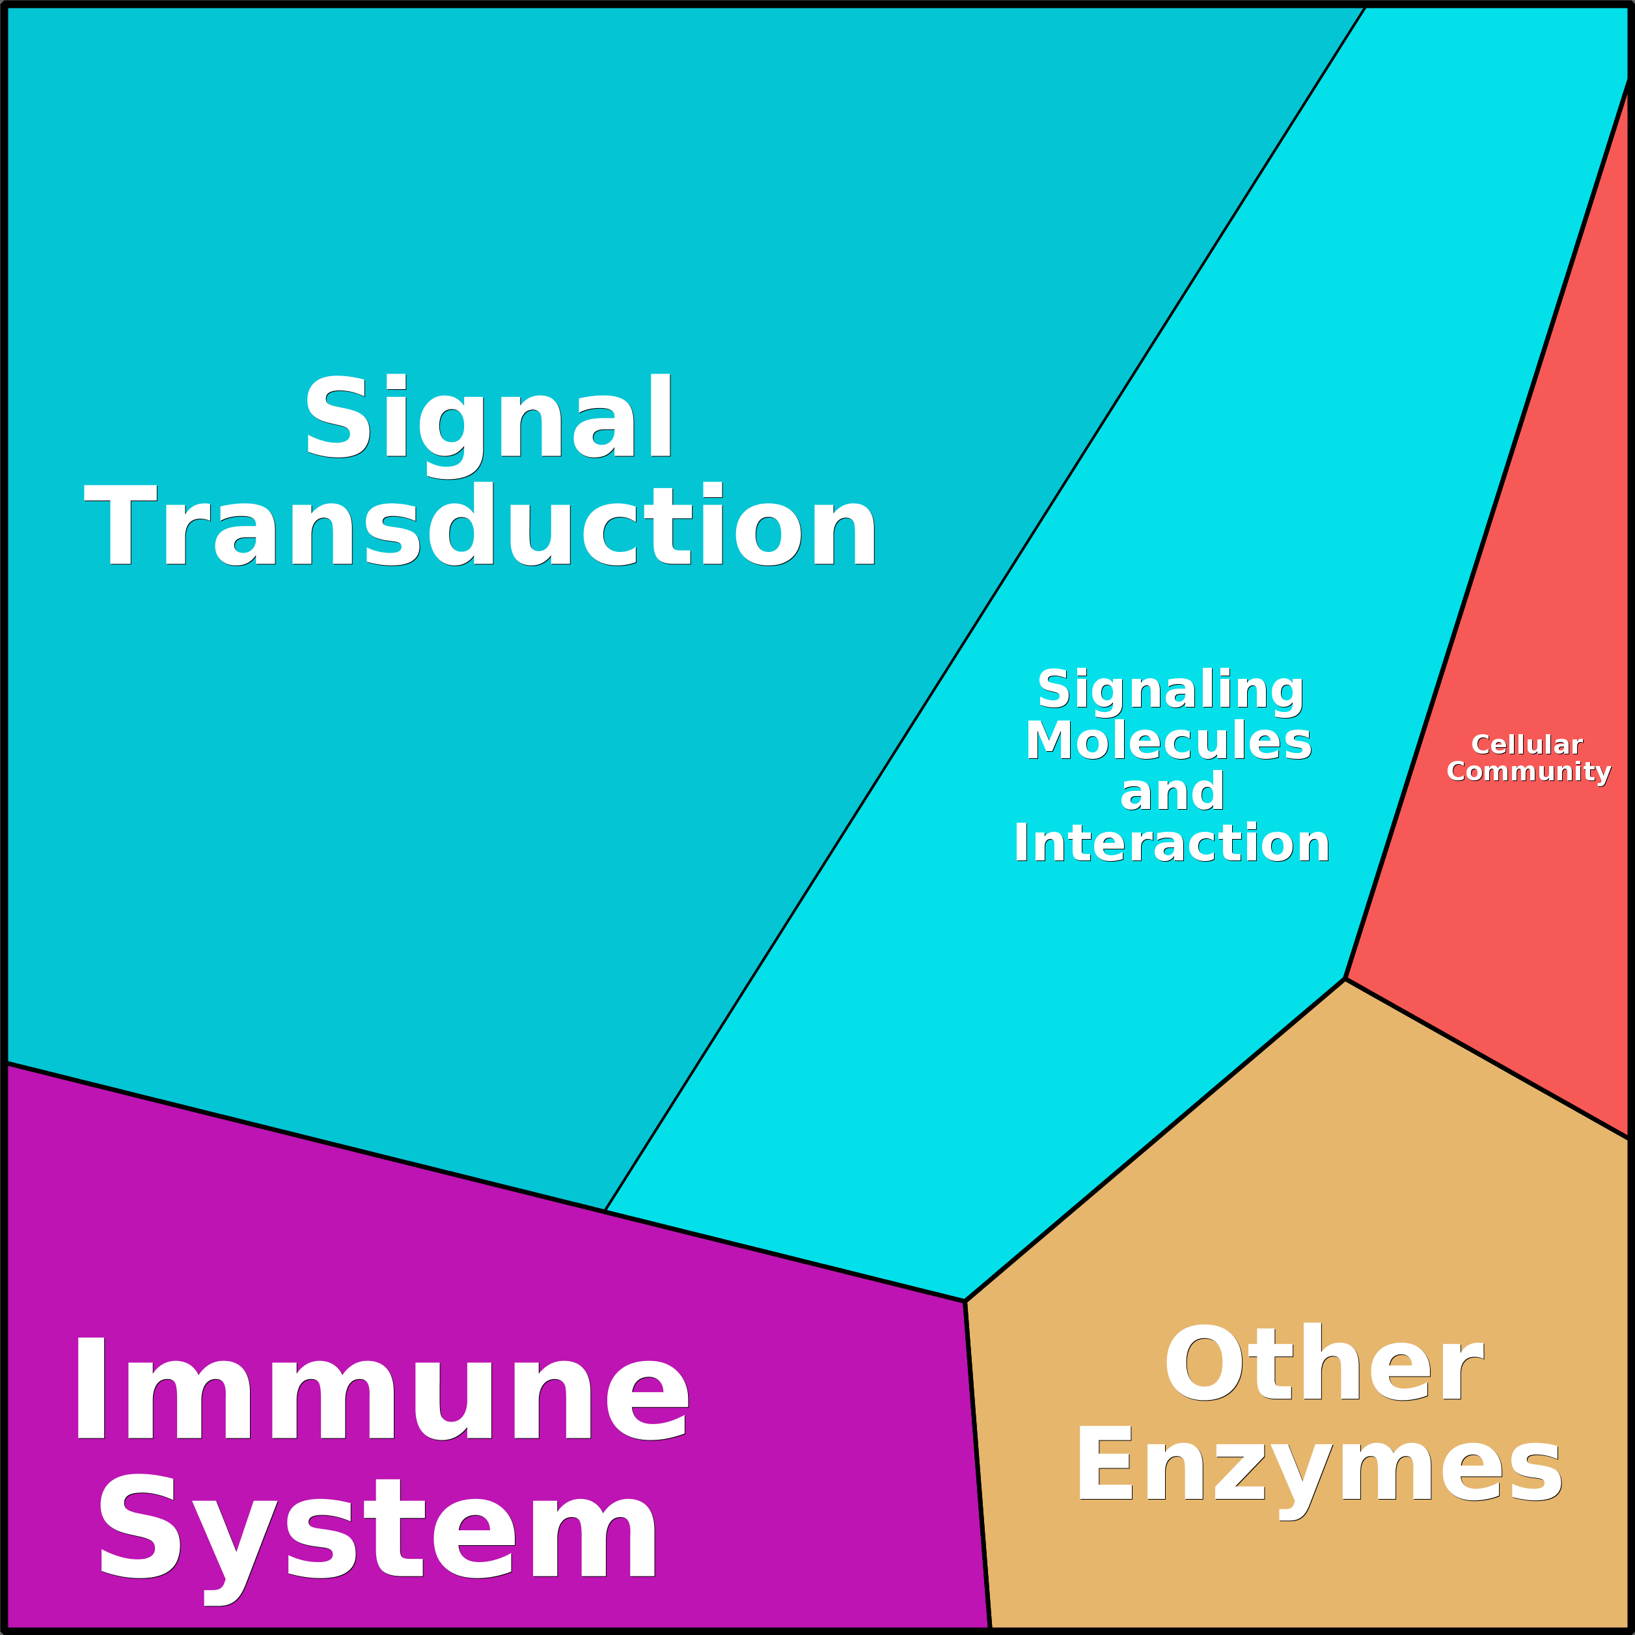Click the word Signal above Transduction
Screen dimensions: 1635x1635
[x=488, y=417]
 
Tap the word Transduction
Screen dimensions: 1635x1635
[x=481, y=525]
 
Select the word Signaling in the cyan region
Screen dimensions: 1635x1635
[x=1171, y=690]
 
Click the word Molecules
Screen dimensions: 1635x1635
[x=1169, y=741]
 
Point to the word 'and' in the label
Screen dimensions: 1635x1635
[x=1172, y=792]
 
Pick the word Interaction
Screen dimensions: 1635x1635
[x=1171, y=844]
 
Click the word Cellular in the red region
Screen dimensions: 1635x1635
[x=1527, y=745]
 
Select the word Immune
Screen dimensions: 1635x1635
[x=381, y=1392]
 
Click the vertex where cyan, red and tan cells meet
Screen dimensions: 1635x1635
[x=1345, y=978]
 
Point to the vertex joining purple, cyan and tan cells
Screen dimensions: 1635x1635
[x=965, y=1300]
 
